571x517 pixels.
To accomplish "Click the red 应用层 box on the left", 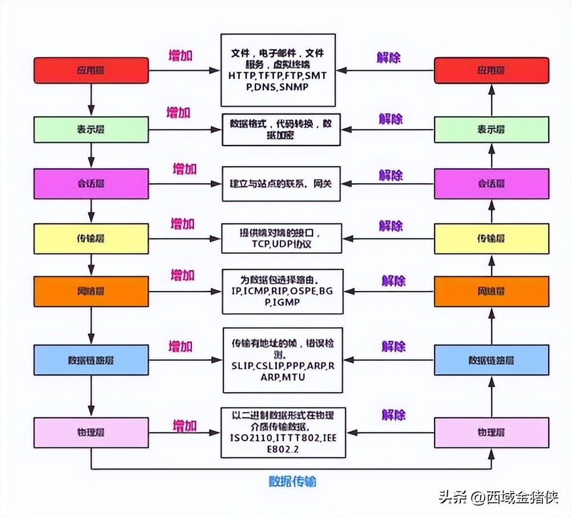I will coord(91,70).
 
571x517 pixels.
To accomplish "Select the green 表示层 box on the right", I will coord(491,130).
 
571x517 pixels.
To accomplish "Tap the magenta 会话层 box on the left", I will coord(91,183).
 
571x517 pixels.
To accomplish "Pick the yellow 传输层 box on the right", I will coord(491,239).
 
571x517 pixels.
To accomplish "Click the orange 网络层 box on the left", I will coord(91,291).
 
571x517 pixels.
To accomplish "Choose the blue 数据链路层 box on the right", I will coord(491,360).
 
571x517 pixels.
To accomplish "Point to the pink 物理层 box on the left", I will coord(91,433).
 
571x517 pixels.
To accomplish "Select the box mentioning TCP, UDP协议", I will coord(282,238).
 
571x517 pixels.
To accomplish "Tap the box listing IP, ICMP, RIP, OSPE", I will coord(282,291).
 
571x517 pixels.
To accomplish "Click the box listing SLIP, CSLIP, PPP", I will coord(282,360).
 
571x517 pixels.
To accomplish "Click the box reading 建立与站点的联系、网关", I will coord(282,184).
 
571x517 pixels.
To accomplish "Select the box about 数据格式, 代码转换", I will coord(282,130).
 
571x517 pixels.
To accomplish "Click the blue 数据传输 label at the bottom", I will coord(292,481).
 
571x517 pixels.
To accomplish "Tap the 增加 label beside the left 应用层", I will coord(180,55).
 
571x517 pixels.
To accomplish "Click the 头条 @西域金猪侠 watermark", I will coord(498,498).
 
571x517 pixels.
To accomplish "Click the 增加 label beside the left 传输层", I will coord(183,224).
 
